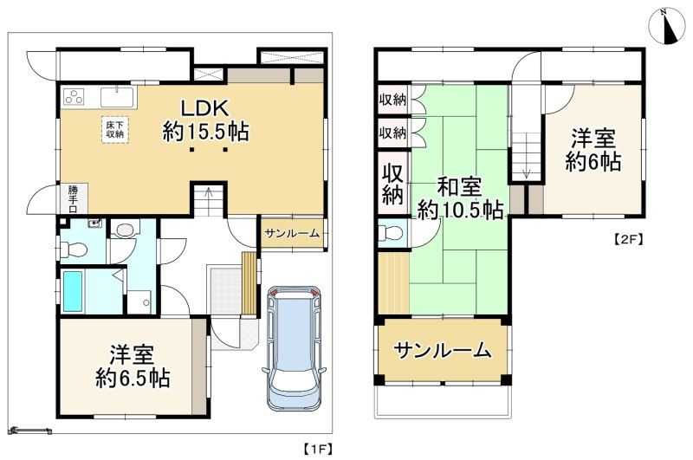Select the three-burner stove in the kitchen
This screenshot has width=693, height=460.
74,96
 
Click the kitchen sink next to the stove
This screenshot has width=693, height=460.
117,97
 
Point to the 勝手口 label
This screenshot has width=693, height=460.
73,199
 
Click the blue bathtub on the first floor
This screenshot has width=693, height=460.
73,291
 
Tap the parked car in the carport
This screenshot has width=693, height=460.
295,347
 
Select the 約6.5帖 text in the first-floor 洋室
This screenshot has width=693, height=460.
133,379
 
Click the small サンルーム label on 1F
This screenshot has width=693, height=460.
292,234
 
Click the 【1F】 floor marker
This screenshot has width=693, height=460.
318,449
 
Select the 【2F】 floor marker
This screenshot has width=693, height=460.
628,239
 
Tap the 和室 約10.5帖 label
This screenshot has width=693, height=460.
460,199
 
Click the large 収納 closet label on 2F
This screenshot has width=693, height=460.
393,184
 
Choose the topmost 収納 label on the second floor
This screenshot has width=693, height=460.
392,100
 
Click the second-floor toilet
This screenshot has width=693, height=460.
392,232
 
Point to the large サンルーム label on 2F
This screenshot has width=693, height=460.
443,350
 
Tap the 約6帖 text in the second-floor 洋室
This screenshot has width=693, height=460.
593,162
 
